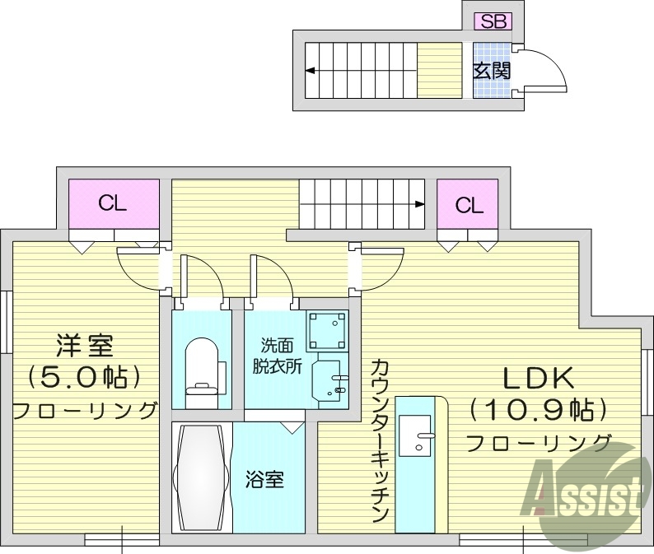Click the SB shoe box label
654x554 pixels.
493,22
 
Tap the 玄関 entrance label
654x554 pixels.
492,71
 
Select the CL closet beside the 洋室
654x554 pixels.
113,203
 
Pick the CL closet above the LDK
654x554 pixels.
469,205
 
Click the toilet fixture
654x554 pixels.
200,366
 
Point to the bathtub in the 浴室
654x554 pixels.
200,477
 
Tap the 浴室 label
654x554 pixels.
264,479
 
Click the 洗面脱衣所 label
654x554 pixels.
276,355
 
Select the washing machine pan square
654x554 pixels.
325,331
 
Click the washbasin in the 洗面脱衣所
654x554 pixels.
330,381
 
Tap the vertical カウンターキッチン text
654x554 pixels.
379,440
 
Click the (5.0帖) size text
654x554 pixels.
84,378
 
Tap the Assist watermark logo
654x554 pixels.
587,491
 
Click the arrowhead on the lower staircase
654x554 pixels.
420,203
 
